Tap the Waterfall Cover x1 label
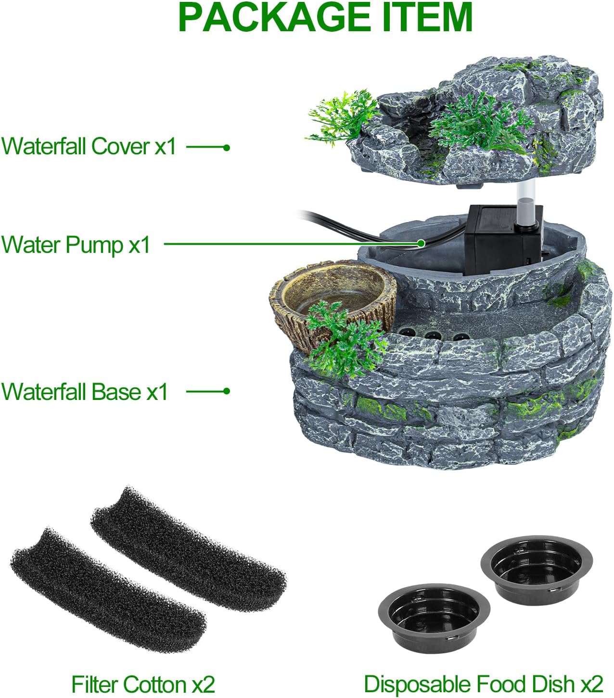point(89,146)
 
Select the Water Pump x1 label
point(76,245)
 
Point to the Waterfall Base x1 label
point(85,391)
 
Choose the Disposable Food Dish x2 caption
point(483,683)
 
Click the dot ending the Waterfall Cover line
point(227,147)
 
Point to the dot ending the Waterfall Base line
point(227,391)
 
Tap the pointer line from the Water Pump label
point(289,244)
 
